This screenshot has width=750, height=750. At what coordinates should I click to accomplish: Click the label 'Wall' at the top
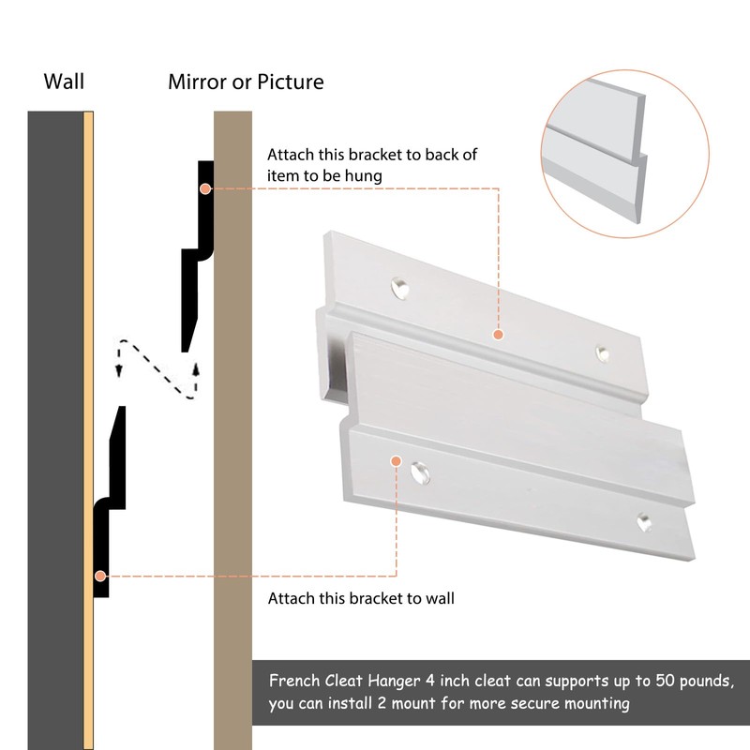pyautogui.click(x=64, y=82)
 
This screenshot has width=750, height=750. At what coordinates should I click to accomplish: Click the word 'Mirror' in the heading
pyautogui.click(x=199, y=82)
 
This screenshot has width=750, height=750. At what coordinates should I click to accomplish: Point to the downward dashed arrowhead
pyautogui.click(x=119, y=370)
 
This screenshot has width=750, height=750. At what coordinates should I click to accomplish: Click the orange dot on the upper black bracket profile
pyautogui.click(x=204, y=188)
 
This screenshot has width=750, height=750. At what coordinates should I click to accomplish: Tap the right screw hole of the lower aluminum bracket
pyautogui.click(x=643, y=521)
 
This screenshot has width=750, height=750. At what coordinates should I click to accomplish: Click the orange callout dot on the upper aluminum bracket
pyautogui.click(x=498, y=333)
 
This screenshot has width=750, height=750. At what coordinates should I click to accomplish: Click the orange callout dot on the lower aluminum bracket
pyautogui.click(x=396, y=461)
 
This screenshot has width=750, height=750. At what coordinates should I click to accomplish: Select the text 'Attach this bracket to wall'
pyautogui.click(x=361, y=598)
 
